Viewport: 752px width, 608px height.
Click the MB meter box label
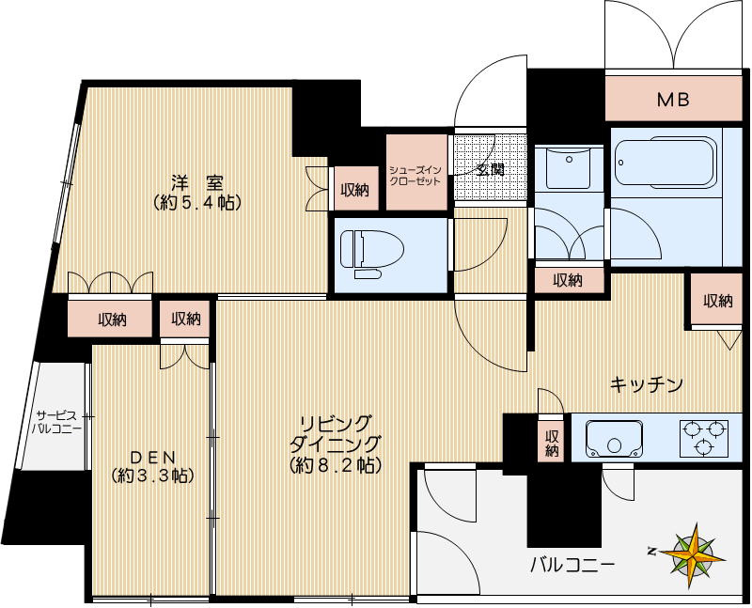(672, 98)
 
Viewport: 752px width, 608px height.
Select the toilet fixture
(371, 251)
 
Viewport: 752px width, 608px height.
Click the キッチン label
(646, 384)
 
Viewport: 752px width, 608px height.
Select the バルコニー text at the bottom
(572, 565)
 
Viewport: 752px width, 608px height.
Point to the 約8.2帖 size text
(335, 464)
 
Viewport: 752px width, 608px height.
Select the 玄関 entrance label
(490, 170)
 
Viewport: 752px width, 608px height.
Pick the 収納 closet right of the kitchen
(717, 301)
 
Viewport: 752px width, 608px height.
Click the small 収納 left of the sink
(552, 443)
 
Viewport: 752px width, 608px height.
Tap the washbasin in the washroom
(565, 169)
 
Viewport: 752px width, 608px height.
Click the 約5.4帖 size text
(196, 201)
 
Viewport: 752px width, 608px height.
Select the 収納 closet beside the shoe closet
(355, 190)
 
